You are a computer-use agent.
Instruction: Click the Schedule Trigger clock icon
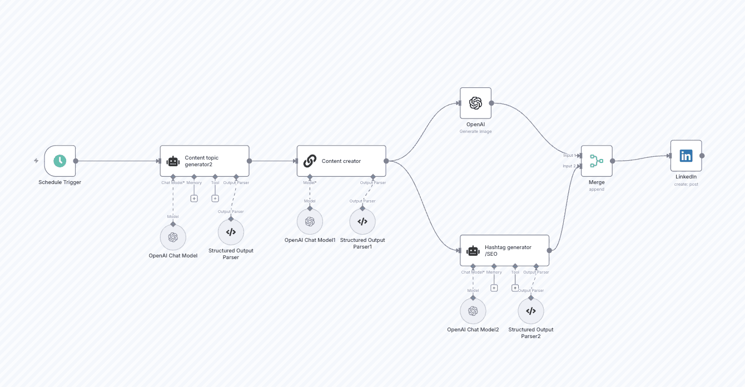click(x=59, y=161)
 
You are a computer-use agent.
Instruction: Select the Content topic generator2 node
click(x=204, y=161)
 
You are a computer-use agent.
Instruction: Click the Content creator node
click(x=341, y=161)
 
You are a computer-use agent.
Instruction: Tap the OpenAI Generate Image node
click(x=475, y=103)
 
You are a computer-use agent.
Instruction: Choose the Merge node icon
click(x=597, y=161)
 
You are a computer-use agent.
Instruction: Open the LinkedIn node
click(x=686, y=156)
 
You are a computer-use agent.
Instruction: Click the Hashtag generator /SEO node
click(x=504, y=250)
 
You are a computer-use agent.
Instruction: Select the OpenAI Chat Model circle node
click(x=173, y=237)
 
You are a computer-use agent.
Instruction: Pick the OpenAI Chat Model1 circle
click(x=310, y=221)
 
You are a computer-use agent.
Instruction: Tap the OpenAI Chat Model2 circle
click(x=473, y=311)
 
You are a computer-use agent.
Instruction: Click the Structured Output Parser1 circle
click(x=362, y=221)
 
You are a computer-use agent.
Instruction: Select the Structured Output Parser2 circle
click(x=531, y=311)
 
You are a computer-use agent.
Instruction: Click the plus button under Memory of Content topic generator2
click(x=194, y=199)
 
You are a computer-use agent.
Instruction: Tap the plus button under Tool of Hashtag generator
click(x=515, y=288)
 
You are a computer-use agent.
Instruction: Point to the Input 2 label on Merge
click(x=569, y=166)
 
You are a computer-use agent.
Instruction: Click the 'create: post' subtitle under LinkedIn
click(x=686, y=184)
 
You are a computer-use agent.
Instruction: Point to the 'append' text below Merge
click(x=597, y=189)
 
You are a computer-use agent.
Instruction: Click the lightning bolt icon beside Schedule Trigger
click(x=36, y=161)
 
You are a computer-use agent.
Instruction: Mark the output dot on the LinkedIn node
click(x=702, y=156)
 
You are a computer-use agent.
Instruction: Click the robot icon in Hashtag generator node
click(x=473, y=250)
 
